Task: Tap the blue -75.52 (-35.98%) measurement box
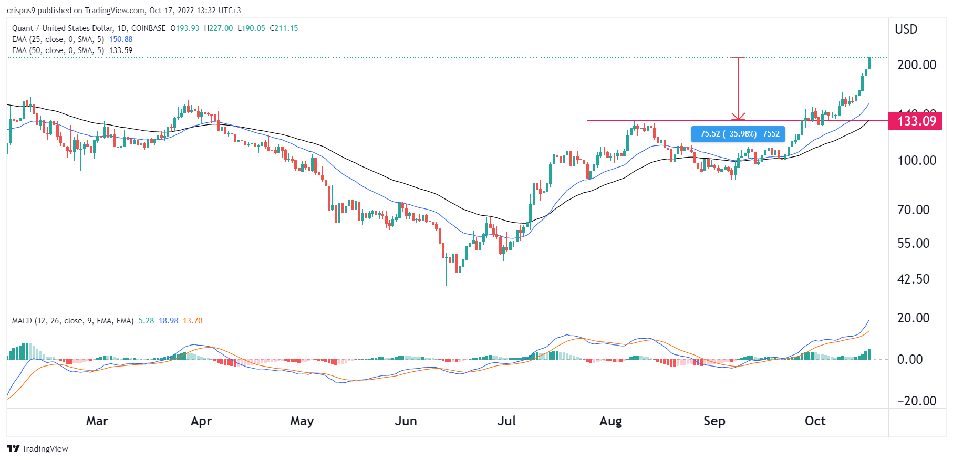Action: (x=738, y=134)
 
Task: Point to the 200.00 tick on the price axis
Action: (x=916, y=65)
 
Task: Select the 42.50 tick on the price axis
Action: (x=913, y=279)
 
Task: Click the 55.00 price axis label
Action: (x=913, y=244)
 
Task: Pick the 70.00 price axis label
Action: (x=913, y=210)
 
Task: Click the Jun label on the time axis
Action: (x=406, y=421)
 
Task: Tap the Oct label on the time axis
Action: (x=815, y=421)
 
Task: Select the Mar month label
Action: (x=97, y=421)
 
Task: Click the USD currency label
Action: (x=906, y=29)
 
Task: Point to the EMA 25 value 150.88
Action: (x=121, y=39)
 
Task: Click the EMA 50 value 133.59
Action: (x=121, y=50)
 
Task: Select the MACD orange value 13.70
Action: (x=192, y=321)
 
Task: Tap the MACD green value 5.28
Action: (x=146, y=321)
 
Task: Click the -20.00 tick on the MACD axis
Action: (x=916, y=401)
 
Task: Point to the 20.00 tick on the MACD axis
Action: (x=913, y=318)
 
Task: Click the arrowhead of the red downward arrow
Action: (x=738, y=118)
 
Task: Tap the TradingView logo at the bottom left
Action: (x=37, y=448)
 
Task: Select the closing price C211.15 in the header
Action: (x=284, y=28)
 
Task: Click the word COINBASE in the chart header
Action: (x=148, y=28)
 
